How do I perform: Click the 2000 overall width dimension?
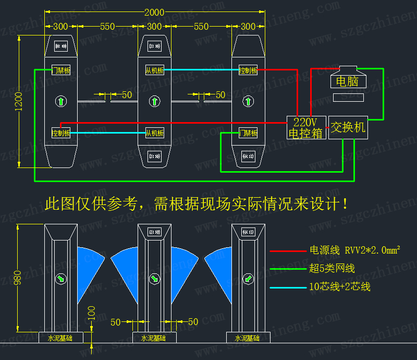(x=154, y=12)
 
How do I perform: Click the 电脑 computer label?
(x=347, y=81)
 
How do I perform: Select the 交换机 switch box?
(x=348, y=127)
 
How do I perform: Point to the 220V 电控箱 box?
(x=306, y=127)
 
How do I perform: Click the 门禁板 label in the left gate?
(x=61, y=70)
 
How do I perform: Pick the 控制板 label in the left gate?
(x=61, y=133)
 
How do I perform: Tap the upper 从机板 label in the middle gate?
(x=154, y=70)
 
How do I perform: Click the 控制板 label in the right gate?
(x=248, y=70)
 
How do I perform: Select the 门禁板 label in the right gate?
(x=248, y=133)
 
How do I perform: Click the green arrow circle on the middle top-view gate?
(x=154, y=101)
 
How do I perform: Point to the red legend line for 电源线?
(x=287, y=251)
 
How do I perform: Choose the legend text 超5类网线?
(x=332, y=269)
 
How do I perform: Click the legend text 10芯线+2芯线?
(x=339, y=286)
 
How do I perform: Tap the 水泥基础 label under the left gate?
(x=60, y=338)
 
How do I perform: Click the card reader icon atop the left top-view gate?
(x=61, y=47)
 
